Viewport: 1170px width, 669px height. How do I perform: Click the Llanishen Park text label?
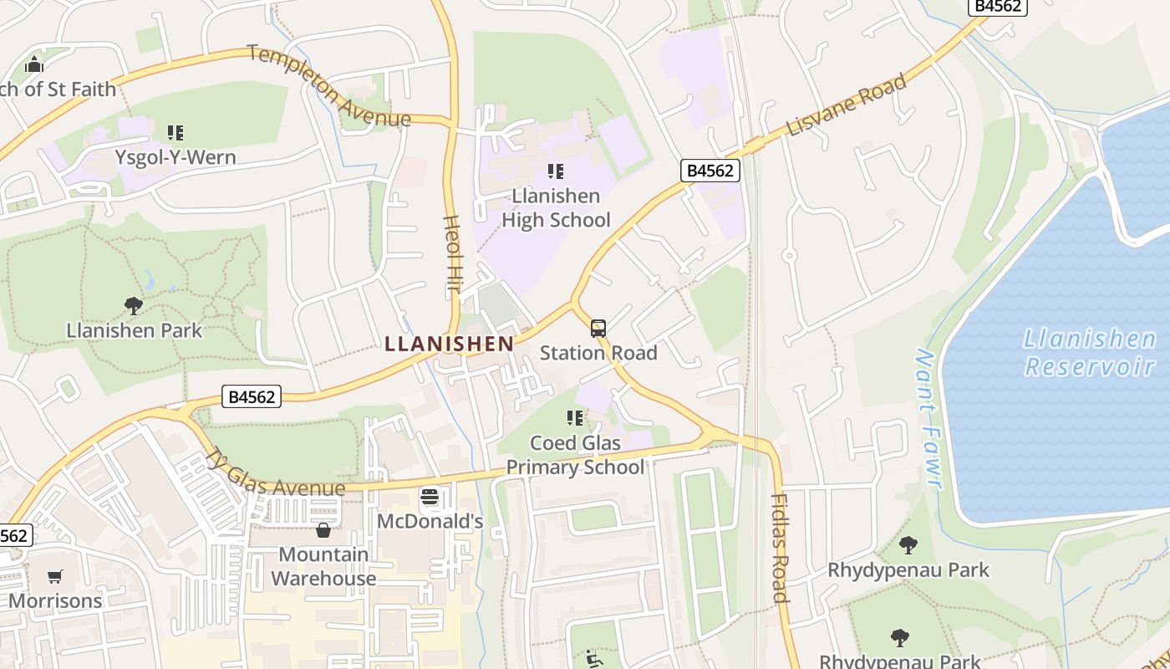(x=134, y=330)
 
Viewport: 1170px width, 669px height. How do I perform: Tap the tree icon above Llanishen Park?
(x=133, y=305)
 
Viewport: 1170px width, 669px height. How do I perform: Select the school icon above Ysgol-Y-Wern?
(x=175, y=132)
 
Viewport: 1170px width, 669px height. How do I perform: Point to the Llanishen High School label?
(x=556, y=208)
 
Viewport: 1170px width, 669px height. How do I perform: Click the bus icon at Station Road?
(x=598, y=328)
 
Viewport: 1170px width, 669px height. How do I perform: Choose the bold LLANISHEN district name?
(x=450, y=344)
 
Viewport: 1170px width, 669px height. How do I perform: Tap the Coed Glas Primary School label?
(x=575, y=455)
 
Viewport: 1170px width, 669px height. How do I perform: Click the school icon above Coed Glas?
(x=574, y=417)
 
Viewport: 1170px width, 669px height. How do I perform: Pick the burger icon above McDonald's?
(x=430, y=498)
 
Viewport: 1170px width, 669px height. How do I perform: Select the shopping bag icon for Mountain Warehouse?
(x=323, y=530)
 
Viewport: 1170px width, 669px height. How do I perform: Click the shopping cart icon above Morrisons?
(x=55, y=576)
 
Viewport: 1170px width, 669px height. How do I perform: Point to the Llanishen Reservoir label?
(x=1090, y=352)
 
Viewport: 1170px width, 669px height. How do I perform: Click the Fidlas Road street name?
(x=779, y=548)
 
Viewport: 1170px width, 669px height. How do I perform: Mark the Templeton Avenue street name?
(x=329, y=87)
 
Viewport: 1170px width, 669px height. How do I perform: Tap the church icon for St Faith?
(x=33, y=64)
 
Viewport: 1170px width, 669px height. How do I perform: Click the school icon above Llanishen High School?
(x=555, y=171)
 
